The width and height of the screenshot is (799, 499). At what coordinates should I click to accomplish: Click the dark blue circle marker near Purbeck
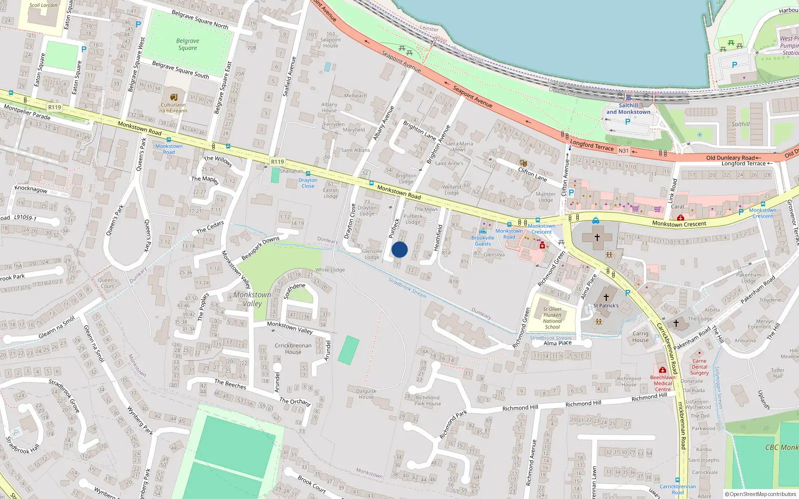[x=399, y=249]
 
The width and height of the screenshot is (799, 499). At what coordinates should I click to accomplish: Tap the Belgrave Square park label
[x=188, y=44]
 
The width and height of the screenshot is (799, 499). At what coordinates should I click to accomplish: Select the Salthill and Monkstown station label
[x=628, y=109]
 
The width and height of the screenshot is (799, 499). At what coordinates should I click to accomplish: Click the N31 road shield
[x=623, y=151]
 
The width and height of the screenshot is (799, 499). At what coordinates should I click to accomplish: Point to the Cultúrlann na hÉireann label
[x=173, y=108]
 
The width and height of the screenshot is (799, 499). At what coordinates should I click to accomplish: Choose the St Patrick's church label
[x=606, y=305]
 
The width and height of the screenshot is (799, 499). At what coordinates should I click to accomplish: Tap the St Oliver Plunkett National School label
[x=552, y=318]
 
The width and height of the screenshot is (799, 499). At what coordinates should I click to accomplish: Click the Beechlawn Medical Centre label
[x=663, y=383]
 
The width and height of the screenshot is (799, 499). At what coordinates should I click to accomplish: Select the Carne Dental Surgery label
[x=699, y=367]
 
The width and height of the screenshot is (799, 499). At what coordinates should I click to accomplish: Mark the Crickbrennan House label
[x=293, y=348]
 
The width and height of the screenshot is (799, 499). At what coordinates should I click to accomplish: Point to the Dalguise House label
[x=366, y=394]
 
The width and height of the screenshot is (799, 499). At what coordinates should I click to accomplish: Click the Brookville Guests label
[x=482, y=241]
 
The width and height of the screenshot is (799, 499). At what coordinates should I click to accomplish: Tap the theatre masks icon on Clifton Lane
[x=523, y=163]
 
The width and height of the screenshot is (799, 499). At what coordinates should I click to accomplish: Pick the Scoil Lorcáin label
[x=43, y=5]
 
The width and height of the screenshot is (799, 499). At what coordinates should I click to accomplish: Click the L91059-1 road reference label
[x=25, y=218]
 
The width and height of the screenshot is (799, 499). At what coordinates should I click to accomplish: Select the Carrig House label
[x=640, y=337]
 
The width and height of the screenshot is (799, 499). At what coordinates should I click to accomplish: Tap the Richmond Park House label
[x=427, y=401]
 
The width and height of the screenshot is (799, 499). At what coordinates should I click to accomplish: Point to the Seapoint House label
[x=331, y=40]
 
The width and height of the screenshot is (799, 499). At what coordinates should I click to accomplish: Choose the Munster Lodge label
[x=545, y=197]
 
